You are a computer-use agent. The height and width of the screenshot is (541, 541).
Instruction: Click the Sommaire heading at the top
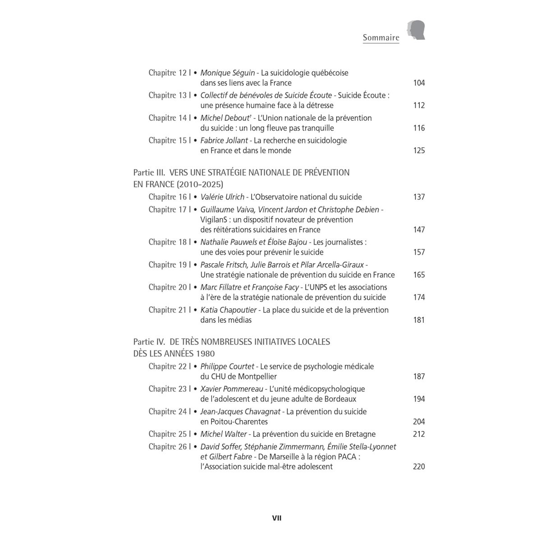pyautogui.click(x=381, y=38)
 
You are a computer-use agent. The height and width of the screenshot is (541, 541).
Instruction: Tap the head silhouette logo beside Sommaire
pyautogui.click(x=417, y=31)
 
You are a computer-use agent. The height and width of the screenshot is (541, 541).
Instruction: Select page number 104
pyautogui.click(x=419, y=83)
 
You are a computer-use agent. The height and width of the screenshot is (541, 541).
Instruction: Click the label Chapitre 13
pyautogui.click(x=168, y=96)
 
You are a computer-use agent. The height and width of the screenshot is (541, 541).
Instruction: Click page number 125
pyautogui.click(x=419, y=151)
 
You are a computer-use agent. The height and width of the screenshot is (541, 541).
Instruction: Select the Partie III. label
pyautogui.click(x=150, y=173)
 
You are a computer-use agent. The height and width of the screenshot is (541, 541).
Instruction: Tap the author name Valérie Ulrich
pyautogui.click(x=222, y=197)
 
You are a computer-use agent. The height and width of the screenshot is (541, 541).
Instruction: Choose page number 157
pyautogui.click(x=419, y=252)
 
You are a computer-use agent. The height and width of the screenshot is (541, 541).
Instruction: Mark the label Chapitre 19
pyautogui.click(x=168, y=265)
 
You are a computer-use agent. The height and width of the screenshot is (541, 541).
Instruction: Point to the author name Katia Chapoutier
pyautogui.click(x=229, y=310)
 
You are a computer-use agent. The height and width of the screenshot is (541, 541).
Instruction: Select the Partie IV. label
pyautogui.click(x=150, y=342)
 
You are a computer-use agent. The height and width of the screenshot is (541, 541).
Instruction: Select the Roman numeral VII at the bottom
pyautogui.click(x=277, y=518)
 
